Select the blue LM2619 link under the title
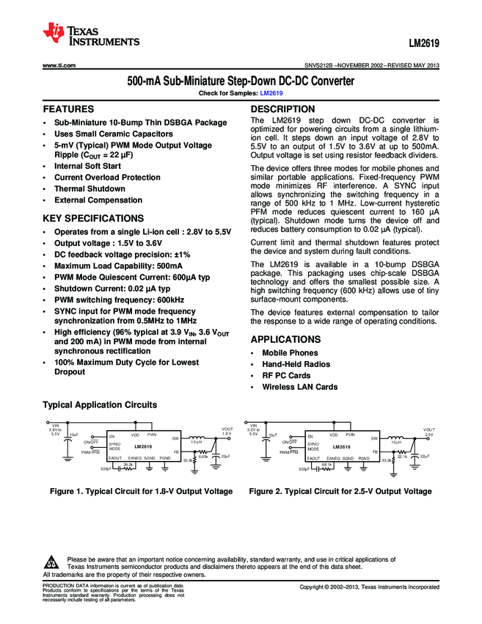pos(271,94)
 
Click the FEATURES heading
pos(68,109)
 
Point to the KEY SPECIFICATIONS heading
pos(93,218)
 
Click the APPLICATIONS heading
pos(285,340)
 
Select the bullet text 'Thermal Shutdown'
pos(90,188)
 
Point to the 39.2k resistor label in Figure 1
pos(128,465)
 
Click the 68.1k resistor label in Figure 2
pos(326,465)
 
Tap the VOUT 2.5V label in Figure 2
pos(428,432)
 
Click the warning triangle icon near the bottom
pos(51,562)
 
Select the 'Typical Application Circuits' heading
pos(100,405)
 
